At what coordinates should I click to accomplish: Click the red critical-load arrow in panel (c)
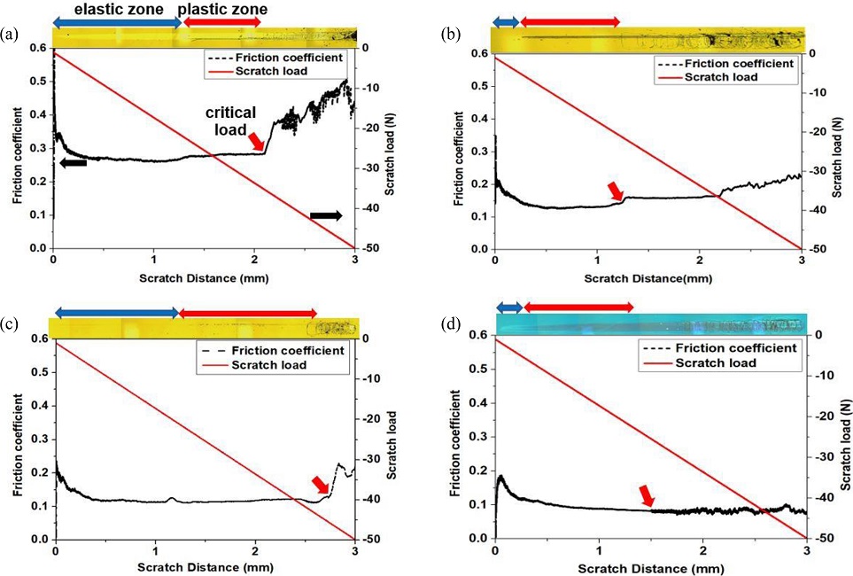pos(321,484)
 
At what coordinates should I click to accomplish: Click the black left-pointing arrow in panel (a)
pos(72,162)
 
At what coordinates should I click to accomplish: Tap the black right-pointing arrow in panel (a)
pos(325,215)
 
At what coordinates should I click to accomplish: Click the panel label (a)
pos(10,35)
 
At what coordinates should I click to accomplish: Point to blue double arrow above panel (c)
pos(117,313)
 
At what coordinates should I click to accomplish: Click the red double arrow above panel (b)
pos(570,21)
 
